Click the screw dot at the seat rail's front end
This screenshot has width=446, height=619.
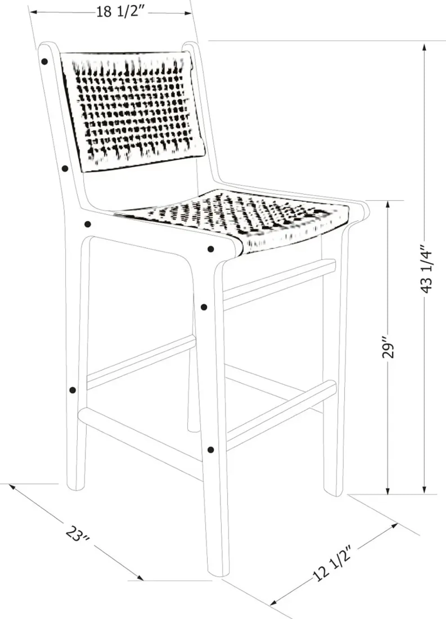click(210, 249)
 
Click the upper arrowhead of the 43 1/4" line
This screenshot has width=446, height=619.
click(424, 47)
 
